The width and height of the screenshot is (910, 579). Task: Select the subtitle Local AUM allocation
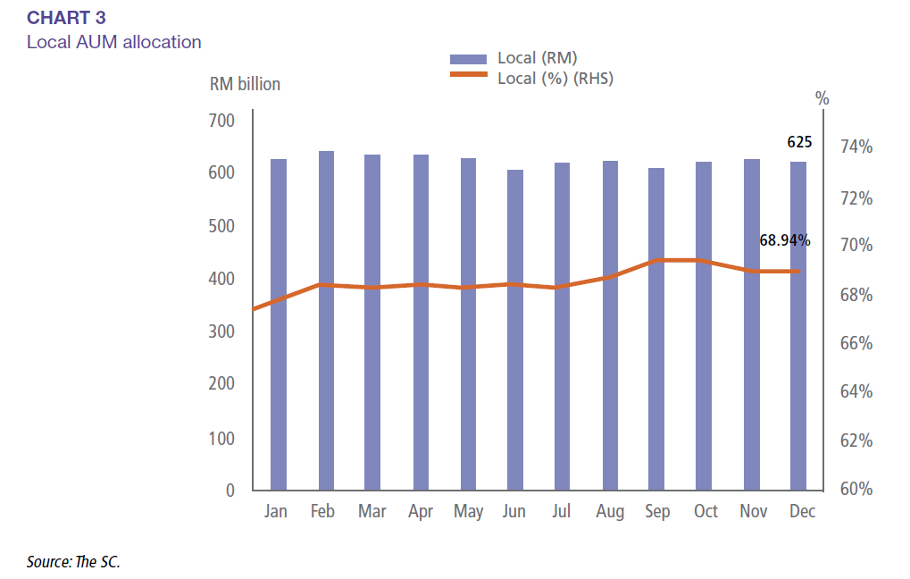click(113, 42)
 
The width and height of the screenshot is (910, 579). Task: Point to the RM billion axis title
click(245, 84)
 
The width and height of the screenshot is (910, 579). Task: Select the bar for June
click(515, 330)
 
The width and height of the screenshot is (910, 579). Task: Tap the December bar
click(797, 325)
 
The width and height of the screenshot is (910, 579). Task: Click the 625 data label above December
click(799, 141)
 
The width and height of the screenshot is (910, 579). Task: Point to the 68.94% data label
click(785, 240)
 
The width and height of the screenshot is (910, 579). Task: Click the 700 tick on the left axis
click(222, 121)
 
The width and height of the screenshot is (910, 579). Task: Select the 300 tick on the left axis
click(222, 331)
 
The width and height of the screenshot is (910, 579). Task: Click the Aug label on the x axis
click(610, 512)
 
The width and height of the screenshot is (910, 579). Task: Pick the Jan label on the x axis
click(277, 512)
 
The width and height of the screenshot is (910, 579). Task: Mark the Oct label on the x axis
click(705, 512)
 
